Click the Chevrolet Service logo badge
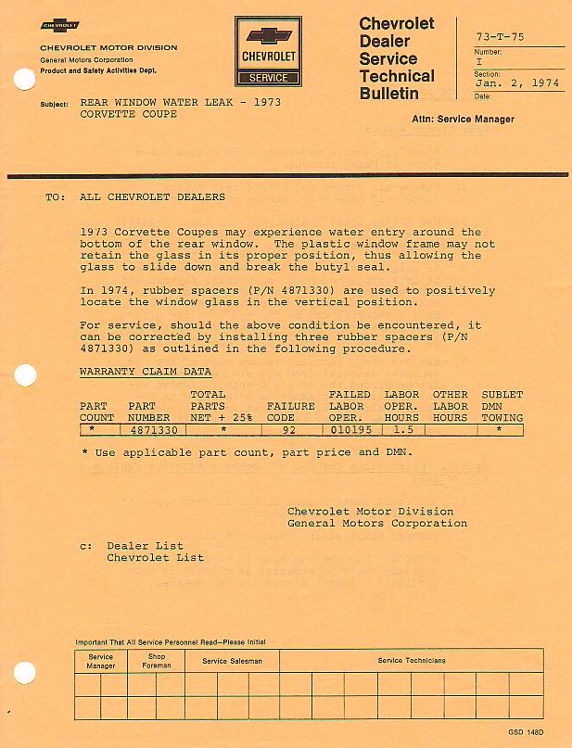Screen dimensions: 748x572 (x=268, y=54)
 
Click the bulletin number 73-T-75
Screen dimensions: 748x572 (x=500, y=37)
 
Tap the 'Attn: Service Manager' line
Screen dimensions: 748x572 (x=463, y=120)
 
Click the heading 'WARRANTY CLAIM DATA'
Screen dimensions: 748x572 (x=146, y=372)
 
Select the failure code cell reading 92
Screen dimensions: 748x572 (x=288, y=430)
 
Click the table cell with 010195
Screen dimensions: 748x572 (x=350, y=430)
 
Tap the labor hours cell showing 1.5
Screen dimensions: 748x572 (x=401, y=430)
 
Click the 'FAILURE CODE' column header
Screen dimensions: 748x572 (x=290, y=412)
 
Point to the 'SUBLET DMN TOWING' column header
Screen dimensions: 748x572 (x=502, y=406)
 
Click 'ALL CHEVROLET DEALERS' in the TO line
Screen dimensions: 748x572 (x=153, y=197)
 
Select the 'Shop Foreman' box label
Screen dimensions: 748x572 (x=156, y=661)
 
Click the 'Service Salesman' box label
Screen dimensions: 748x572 (x=232, y=661)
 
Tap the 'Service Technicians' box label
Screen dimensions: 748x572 (x=411, y=661)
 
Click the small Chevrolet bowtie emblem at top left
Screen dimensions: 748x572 (x=60, y=26)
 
